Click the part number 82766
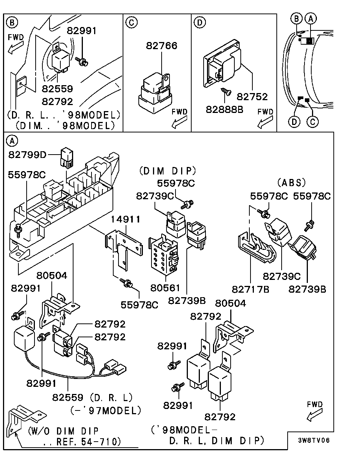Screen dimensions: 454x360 (x=162, y=46)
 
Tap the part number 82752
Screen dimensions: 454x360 (x=252, y=97)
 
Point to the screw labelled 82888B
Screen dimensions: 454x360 (x=226, y=91)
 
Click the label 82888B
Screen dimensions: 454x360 (x=225, y=109)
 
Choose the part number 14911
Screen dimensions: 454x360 (x=126, y=219)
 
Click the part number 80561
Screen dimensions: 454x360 (x=165, y=288)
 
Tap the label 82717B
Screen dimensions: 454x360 (x=251, y=289)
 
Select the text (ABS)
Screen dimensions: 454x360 (x=291, y=183)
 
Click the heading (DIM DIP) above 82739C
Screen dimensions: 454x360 (x=168, y=171)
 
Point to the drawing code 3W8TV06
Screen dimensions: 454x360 (x=314, y=440)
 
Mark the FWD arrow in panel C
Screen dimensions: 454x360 (x=179, y=121)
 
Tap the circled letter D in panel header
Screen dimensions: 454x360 (x=199, y=23)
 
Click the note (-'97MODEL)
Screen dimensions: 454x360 (x=106, y=410)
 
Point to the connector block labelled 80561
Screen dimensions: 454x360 (x=163, y=255)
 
